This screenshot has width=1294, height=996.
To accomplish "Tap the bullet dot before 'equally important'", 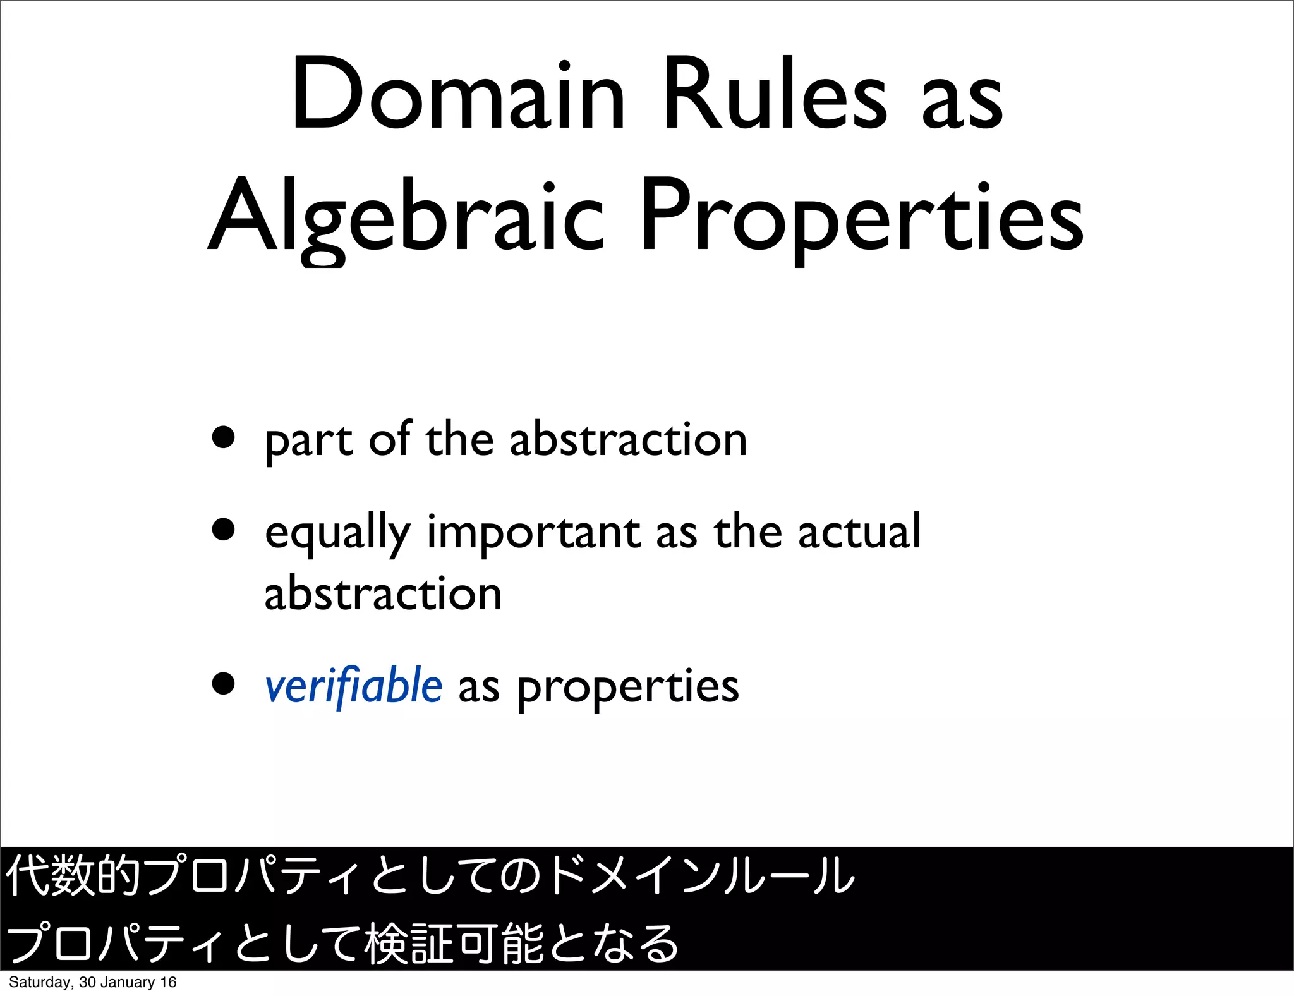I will point(224,529).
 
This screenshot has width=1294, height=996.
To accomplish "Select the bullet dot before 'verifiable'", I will point(224,683).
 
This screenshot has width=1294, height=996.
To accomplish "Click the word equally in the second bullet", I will point(337,534).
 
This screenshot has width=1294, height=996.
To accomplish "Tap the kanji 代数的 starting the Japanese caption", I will point(73,876).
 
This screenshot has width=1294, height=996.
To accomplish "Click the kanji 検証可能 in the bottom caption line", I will point(454,944).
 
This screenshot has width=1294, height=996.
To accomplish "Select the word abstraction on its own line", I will point(383,594).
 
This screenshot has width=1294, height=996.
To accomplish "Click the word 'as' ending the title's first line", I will point(962,101).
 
